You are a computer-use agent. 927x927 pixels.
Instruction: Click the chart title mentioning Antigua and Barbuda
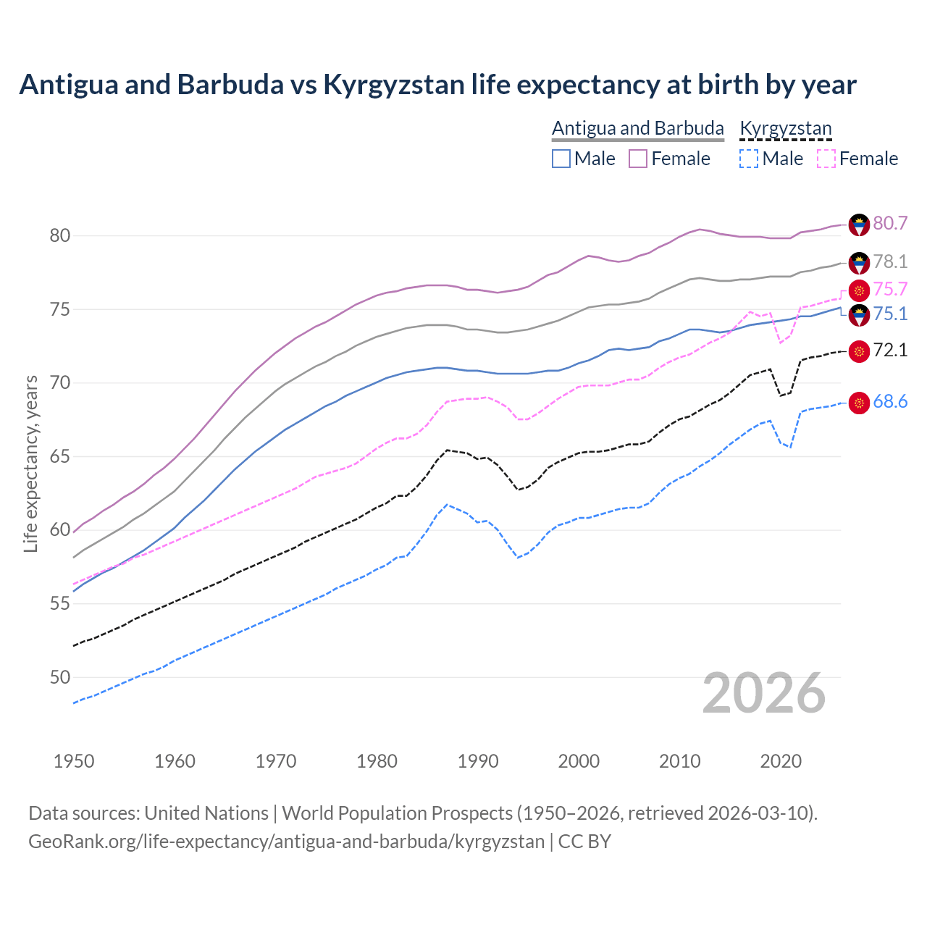437,85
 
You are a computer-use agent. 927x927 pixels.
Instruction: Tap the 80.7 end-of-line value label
890,223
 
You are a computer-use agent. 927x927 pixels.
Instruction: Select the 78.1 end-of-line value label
890,261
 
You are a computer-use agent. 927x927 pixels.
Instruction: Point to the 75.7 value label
890,290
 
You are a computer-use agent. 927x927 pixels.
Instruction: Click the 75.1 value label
890,314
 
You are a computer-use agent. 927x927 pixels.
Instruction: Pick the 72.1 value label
890,351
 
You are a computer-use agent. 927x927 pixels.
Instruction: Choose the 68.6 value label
890,402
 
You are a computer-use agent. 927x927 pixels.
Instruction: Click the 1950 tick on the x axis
74,761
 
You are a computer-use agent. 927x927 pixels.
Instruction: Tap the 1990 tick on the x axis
478,761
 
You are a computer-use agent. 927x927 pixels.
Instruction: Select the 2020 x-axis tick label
781,761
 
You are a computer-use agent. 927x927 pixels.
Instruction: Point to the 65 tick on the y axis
60,457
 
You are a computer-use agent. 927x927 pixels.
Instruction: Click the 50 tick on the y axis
60,678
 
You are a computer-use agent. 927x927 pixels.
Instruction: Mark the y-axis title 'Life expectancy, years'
30,463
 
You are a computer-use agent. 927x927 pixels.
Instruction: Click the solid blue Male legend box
561,159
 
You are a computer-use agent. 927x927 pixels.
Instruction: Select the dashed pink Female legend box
826,159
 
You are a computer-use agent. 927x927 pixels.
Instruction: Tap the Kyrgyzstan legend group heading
785,128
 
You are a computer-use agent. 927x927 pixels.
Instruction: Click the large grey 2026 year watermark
763,694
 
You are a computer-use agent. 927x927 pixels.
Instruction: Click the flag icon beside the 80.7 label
859,225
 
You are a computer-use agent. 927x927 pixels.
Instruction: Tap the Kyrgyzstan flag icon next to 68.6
859,403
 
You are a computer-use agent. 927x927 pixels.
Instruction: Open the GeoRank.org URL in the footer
286,842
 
